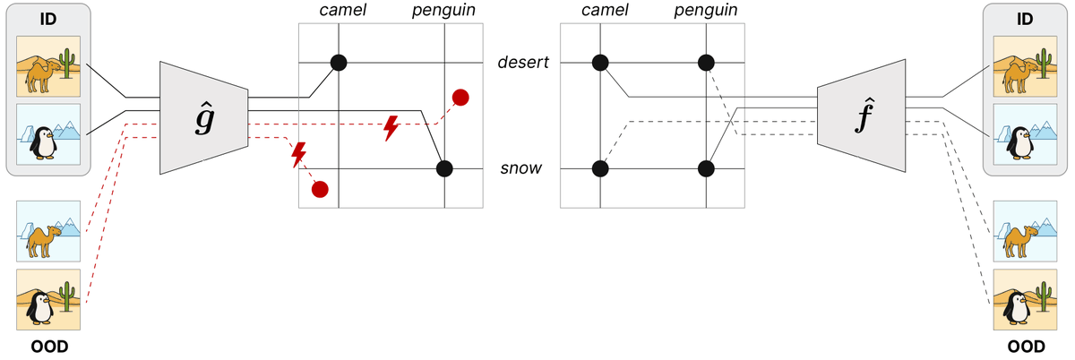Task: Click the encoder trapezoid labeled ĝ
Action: coord(204,117)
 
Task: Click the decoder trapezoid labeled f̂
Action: coord(862,116)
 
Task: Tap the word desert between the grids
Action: coord(523,63)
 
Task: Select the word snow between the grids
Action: coord(520,168)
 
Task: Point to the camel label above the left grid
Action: coord(342,10)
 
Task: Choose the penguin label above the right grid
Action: coord(706,10)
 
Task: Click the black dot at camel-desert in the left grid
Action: coord(339,63)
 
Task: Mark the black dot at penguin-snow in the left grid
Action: coord(444,169)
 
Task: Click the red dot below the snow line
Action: coord(320,190)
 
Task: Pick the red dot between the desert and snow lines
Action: coord(460,98)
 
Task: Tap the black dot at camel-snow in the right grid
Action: coord(600,169)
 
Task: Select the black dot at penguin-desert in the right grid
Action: coord(706,63)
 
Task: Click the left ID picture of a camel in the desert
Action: coord(48,66)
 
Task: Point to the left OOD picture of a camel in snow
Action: coord(48,231)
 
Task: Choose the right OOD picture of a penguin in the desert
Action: coord(1025,299)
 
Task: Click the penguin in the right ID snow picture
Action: coord(1019,143)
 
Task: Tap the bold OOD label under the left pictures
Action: coord(49,347)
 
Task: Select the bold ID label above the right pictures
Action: coord(1025,19)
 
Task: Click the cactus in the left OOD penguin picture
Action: coord(67,296)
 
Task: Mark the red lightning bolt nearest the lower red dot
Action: coord(298,155)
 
